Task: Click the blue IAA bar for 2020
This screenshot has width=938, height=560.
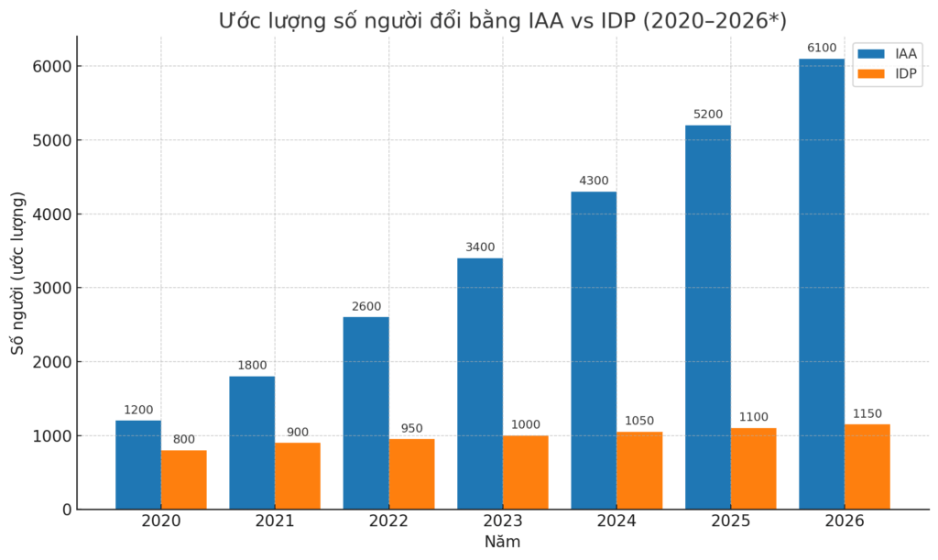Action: (138, 465)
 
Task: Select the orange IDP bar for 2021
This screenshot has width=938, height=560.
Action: (298, 476)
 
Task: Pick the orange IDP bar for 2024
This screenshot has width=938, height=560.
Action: (639, 470)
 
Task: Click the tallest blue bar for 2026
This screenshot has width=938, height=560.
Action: (822, 284)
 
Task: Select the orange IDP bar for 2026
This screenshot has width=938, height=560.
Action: (867, 467)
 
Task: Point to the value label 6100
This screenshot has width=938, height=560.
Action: (822, 48)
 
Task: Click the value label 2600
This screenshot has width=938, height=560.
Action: (366, 306)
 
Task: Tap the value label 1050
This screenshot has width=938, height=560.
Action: (639, 421)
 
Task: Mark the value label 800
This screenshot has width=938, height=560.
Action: (184, 439)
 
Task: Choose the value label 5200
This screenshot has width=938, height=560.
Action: (708, 115)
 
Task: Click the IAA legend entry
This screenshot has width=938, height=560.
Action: (892, 54)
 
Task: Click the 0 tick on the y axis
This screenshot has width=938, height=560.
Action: (65, 510)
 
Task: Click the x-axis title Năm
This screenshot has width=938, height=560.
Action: (502, 542)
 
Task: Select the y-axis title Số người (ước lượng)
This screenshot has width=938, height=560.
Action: (17, 273)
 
